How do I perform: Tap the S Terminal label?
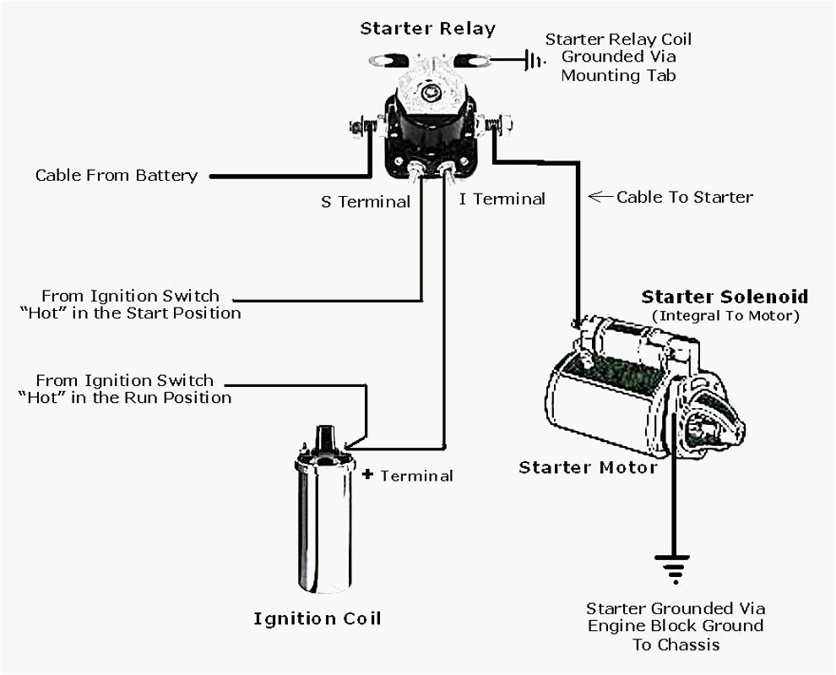365,202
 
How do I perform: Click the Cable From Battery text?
116,176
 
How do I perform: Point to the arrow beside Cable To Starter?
600,197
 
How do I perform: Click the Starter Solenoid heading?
725,297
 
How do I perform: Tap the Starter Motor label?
587,467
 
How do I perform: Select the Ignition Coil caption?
318,618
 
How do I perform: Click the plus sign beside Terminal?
367,474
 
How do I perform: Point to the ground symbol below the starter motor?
673,569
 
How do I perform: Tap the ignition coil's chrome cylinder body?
324,524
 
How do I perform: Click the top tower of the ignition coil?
324,438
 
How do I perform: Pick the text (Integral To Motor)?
725,316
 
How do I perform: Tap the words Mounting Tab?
618,76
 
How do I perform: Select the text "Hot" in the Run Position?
124,398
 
